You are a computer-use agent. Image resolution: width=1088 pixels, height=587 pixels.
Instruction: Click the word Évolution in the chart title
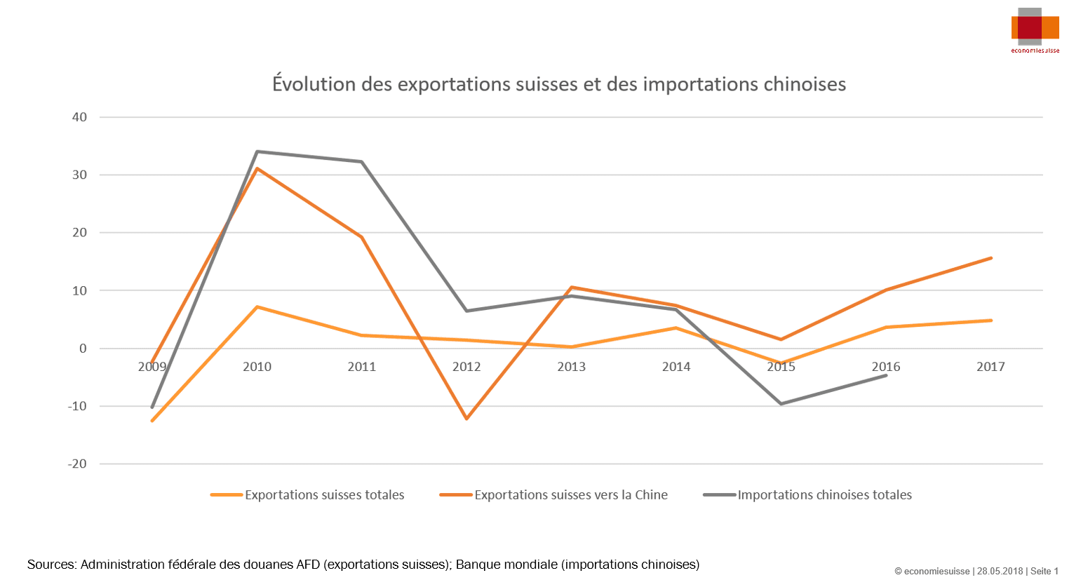[314, 84]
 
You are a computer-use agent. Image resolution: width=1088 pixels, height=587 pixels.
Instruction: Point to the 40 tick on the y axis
[79, 117]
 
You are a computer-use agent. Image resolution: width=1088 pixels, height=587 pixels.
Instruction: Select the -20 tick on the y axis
[77, 464]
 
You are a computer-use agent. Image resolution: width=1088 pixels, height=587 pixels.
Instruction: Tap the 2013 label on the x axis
[571, 367]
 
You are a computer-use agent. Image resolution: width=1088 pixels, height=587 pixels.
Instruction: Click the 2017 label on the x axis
[990, 367]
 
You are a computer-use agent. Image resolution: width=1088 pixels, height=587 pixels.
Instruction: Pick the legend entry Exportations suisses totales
[324, 495]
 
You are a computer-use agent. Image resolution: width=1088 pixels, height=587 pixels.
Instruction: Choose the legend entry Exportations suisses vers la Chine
[570, 495]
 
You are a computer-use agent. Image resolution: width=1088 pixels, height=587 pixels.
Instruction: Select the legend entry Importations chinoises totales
[824, 495]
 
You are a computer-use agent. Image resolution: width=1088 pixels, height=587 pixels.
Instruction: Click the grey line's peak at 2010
[257, 151]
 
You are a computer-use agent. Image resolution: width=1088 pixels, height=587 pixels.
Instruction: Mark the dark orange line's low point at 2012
[466, 419]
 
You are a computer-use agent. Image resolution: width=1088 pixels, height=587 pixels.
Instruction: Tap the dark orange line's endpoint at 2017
[990, 258]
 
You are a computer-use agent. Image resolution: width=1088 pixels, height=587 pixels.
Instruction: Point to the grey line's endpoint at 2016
[886, 375]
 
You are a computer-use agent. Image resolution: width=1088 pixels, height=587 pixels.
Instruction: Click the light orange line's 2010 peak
[257, 306]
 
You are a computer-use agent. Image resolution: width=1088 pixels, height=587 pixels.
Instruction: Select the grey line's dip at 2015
[781, 404]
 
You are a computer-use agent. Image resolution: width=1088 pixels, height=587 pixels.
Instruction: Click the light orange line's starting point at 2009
[152, 421]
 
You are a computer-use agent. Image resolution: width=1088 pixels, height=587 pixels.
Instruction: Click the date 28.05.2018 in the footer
[1000, 571]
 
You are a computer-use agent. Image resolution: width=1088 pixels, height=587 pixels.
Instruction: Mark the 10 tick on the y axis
[79, 290]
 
